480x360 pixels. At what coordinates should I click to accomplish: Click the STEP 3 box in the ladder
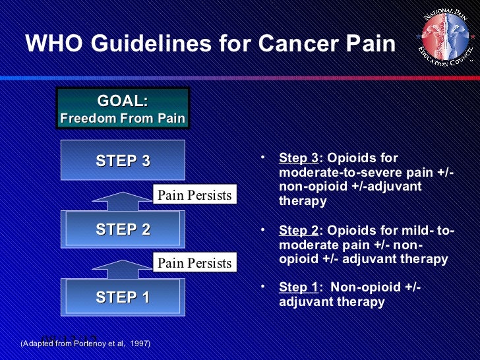pos(123,162)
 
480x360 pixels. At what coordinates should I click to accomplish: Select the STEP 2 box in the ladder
pos(123,229)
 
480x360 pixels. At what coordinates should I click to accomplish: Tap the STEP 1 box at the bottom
pos(123,297)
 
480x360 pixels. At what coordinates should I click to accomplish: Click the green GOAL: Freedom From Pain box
pos(123,109)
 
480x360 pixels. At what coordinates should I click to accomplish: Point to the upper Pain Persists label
pos(194,195)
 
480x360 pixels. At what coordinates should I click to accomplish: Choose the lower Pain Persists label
pos(194,263)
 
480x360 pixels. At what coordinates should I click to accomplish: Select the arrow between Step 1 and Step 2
pos(123,268)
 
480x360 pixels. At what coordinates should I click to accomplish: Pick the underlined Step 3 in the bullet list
pos(298,158)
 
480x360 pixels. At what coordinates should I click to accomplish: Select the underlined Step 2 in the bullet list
pos(298,230)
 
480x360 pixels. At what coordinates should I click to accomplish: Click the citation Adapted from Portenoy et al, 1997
pos(85,344)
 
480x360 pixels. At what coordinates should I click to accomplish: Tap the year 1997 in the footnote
pos(138,344)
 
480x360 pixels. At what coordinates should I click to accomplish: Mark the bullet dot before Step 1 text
pos(262,287)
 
